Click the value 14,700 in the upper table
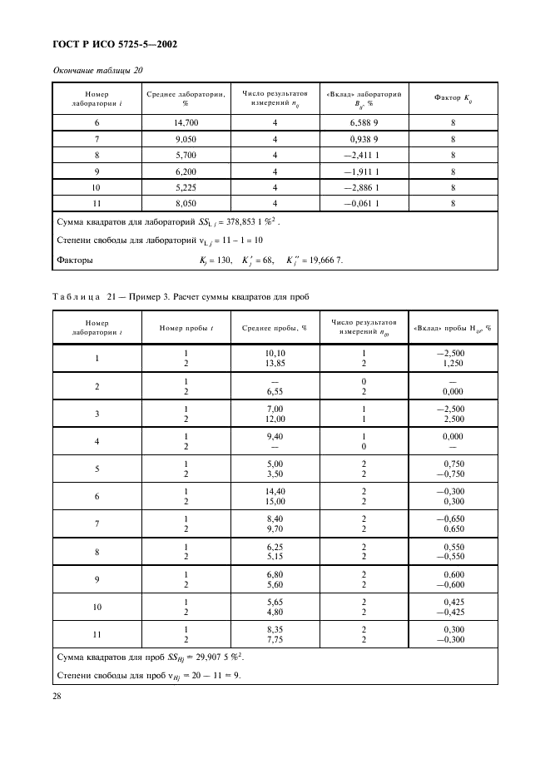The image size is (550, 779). (x=186, y=122)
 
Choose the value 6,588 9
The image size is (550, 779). (x=363, y=122)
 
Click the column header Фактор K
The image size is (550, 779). (x=453, y=98)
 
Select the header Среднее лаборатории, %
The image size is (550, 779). (x=186, y=98)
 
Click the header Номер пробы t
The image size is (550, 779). (x=186, y=328)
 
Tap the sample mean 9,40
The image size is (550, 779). (x=275, y=435)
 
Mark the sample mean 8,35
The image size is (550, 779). (x=275, y=630)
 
